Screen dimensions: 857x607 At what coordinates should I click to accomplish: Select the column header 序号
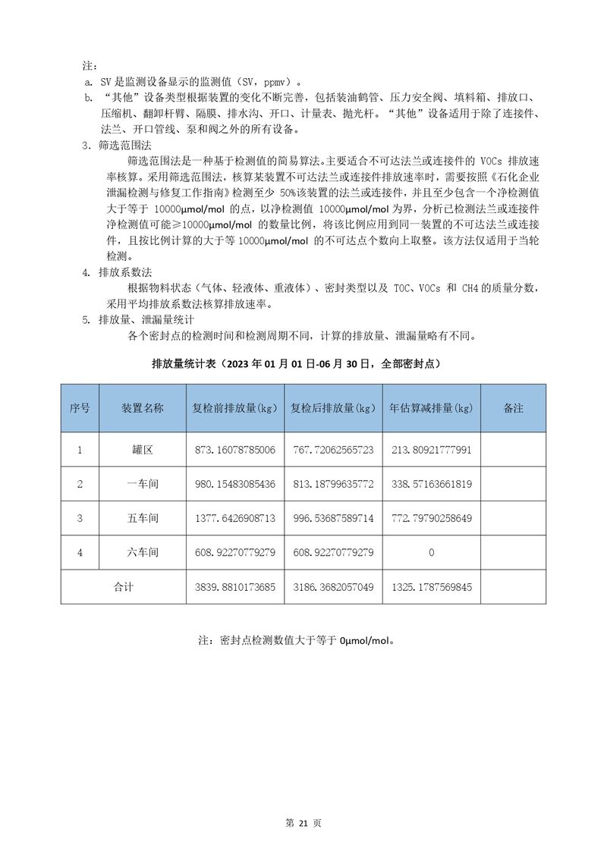tap(80, 408)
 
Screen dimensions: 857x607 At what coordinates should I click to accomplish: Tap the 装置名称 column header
tap(143, 408)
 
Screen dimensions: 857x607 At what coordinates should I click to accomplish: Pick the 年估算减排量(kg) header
tap(431, 408)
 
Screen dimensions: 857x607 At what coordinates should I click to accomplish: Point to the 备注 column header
tap(513, 408)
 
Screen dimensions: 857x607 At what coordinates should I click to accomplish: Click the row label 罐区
tap(143, 450)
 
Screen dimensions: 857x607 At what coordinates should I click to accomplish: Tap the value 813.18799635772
tap(333, 484)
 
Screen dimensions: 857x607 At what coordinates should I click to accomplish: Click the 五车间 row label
tap(143, 518)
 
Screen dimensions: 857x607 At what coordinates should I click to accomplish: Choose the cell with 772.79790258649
tap(431, 518)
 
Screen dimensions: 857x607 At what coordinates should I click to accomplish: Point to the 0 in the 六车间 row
tap(431, 553)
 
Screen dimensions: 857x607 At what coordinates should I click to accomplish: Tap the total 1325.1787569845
tap(431, 587)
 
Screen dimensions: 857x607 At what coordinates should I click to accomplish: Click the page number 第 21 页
tap(303, 824)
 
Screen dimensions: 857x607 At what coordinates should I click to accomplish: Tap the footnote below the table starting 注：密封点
tap(297, 640)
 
